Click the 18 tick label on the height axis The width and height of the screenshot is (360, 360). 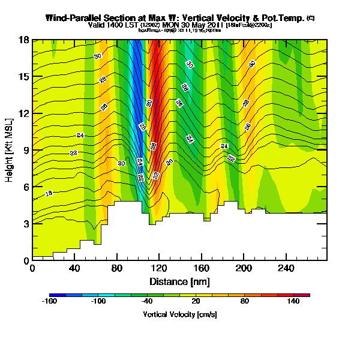tap(24, 40)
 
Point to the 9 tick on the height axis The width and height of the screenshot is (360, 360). tap(32, 150)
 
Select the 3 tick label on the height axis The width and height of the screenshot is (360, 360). tap(26, 224)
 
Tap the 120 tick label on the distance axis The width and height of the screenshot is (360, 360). tap(75, 268)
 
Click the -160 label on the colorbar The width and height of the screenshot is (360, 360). tap(49, 302)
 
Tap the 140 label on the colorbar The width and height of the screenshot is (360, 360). tap(293, 302)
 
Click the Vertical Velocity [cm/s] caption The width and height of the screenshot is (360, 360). tap(179, 314)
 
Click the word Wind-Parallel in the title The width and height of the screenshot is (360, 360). tap(73, 19)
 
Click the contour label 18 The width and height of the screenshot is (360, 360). tap(49, 193)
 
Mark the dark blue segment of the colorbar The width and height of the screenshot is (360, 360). tap(57, 295)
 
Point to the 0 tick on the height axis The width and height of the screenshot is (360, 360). tap(32, 260)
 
